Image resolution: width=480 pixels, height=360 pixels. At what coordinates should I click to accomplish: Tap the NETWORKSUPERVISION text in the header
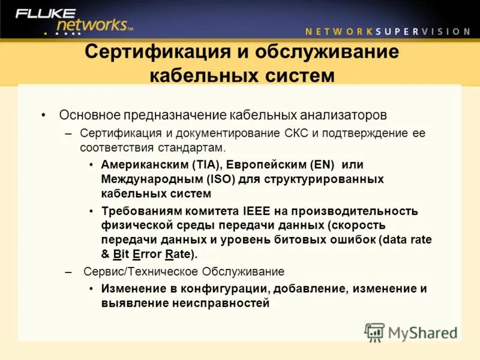click(x=388, y=31)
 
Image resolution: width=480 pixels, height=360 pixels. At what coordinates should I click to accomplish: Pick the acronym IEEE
click(x=257, y=211)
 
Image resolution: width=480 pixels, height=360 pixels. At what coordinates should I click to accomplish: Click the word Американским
click(x=144, y=164)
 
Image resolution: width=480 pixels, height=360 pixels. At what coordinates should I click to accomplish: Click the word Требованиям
click(x=138, y=211)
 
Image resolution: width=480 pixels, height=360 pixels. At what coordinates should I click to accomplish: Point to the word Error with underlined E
click(x=146, y=254)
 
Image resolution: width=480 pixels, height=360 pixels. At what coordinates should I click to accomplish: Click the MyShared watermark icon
click(x=374, y=332)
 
